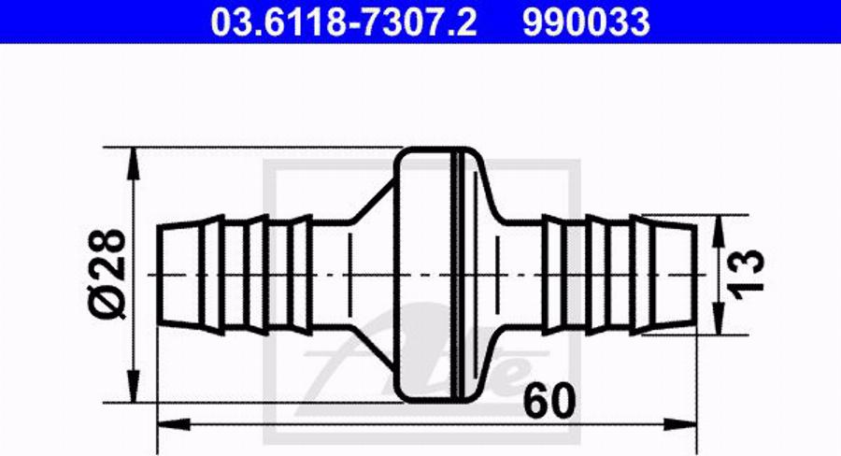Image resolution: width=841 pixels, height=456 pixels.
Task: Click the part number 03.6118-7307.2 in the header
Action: pyautogui.click(x=343, y=21)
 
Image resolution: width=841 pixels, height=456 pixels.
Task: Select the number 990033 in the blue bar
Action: pyautogui.click(x=586, y=21)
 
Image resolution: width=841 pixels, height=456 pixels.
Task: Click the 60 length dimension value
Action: pyautogui.click(x=549, y=401)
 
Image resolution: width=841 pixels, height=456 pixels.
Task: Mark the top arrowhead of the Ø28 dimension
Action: pyautogui.click(x=133, y=164)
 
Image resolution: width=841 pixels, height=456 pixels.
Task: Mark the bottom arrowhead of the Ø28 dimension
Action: pyautogui.click(x=133, y=385)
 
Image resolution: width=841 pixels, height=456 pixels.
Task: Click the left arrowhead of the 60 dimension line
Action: pyautogui.click(x=174, y=425)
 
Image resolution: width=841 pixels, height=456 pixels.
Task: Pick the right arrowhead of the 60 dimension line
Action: pyautogui.click(x=680, y=425)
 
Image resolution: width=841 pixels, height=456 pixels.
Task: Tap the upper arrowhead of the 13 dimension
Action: pyautogui.click(x=718, y=231)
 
